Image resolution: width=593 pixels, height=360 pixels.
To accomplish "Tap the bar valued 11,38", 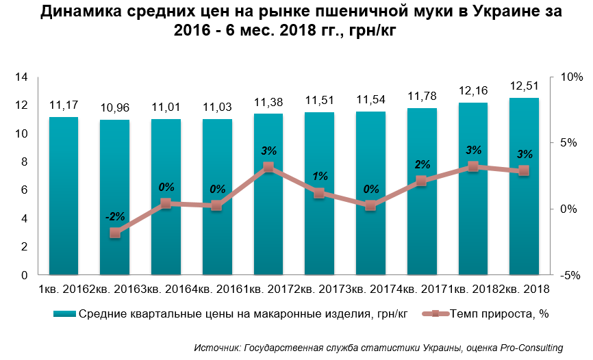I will [268, 195].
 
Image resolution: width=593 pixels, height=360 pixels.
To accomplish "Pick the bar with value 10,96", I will [114, 198].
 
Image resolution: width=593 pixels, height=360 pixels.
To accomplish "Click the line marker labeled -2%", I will [115, 233].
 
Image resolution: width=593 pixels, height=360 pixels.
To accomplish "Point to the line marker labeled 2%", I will [422, 181].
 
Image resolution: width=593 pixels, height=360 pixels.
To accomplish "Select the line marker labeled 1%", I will [319, 193].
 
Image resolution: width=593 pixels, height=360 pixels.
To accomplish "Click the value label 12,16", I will [472, 90].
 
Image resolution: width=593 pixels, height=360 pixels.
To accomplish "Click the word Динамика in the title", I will [76, 12].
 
